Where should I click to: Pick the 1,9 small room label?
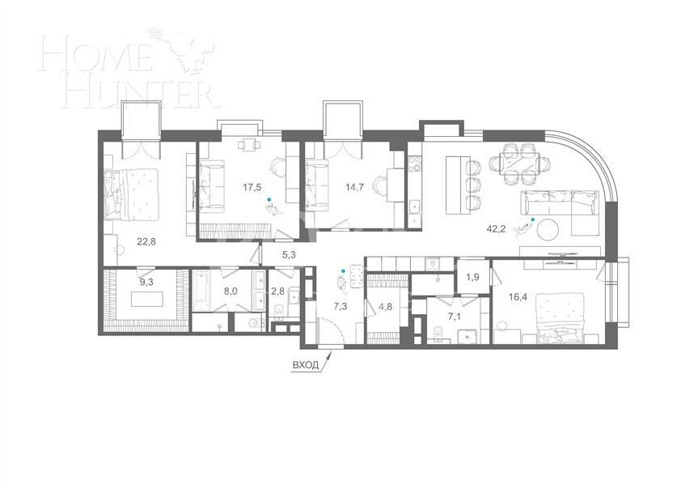(x=473, y=278)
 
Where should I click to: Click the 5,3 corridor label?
(x=289, y=255)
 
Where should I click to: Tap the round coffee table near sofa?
(x=549, y=228)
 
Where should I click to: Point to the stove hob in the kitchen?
(x=415, y=166)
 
